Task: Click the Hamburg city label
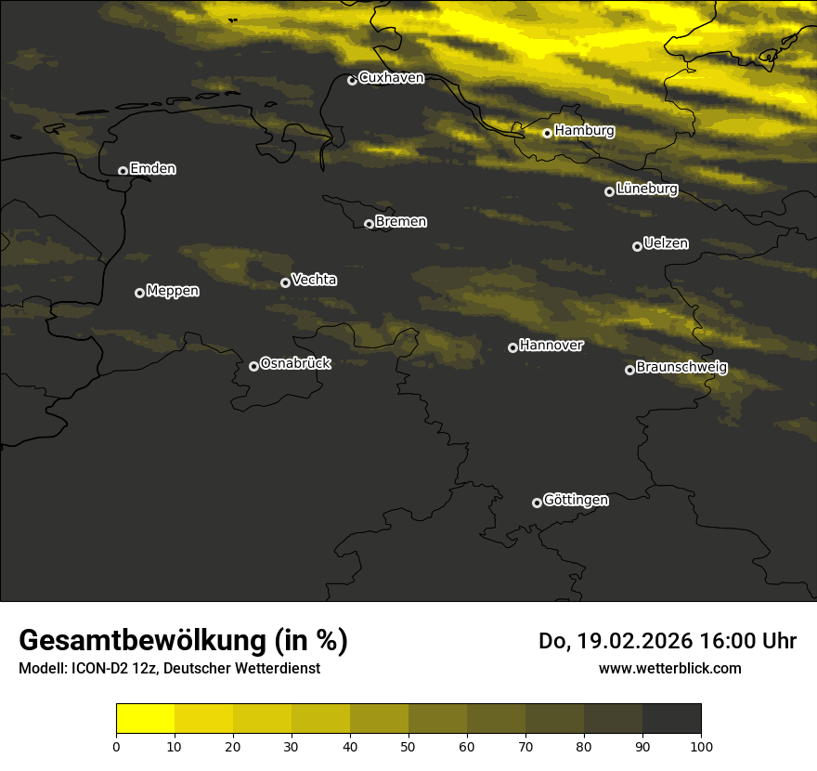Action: [584, 131]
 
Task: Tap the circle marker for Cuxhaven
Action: [352, 80]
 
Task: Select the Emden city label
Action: [152, 169]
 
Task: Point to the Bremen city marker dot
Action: [369, 224]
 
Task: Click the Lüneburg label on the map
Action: [646, 189]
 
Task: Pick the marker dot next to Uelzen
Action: [637, 246]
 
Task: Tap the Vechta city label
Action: [314, 280]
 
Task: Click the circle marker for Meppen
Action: [139, 293]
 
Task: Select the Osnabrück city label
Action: [295, 363]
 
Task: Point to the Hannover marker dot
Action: [512, 347]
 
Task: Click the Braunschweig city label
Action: [681, 368]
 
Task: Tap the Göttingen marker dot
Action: [537, 503]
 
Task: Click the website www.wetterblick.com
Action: [669, 668]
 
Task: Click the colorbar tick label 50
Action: [408, 746]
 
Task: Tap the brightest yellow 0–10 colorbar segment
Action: [145, 719]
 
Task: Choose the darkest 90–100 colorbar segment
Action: [671, 719]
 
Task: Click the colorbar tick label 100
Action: [701, 746]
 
